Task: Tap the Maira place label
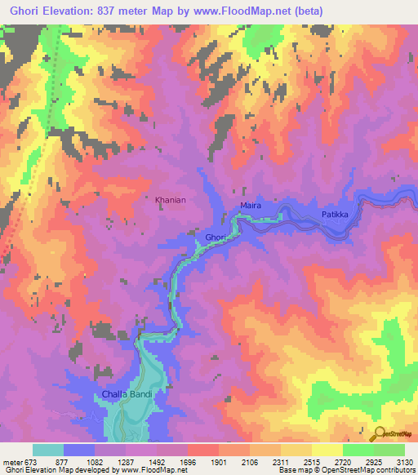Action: tap(251, 206)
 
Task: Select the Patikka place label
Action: tap(335, 215)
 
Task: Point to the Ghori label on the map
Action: tap(215, 237)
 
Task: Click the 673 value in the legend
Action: tap(31, 461)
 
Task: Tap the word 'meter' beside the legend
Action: tap(12, 461)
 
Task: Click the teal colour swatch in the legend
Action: tap(48, 450)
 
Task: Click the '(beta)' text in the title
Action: tap(310, 11)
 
